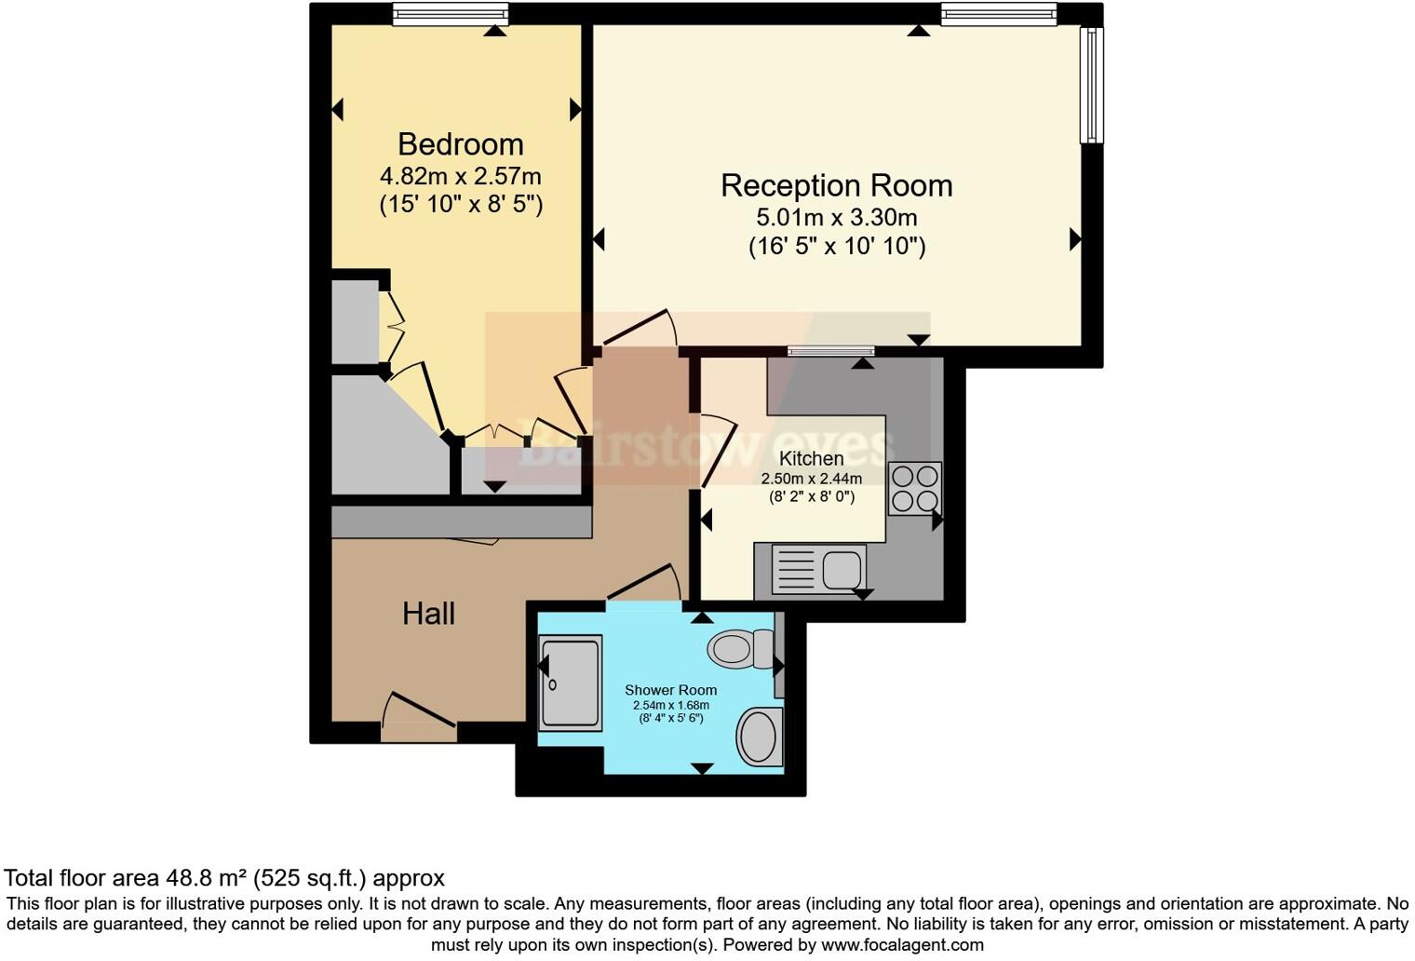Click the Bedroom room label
click(460, 144)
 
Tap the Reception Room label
click(836, 185)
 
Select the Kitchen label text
click(811, 458)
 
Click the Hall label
click(428, 613)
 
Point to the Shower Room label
click(670, 690)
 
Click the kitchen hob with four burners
click(914, 489)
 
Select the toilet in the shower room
click(739, 648)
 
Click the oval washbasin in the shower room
click(759, 737)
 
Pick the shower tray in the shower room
click(570, 683)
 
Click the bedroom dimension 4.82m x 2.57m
click(460, 176)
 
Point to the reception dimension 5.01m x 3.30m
click(836, 218)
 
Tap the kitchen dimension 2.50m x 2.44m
click(811, 479)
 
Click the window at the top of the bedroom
click(450, 14)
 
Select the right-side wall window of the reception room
click(1091, 85)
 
